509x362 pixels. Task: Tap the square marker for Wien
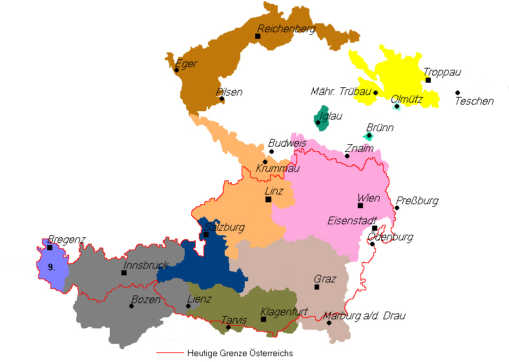point(360,206)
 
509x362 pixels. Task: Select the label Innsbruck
point(145,264)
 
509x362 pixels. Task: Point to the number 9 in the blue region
point(52,266)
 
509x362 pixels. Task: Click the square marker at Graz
point(317,287)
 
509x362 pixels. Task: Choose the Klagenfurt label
point(279,312)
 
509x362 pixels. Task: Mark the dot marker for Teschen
point(457,93)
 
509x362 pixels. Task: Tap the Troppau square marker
point(428,80)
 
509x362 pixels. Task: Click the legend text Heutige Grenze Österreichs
point(240,353)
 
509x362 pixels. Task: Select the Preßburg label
point(417,200)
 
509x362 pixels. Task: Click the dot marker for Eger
point(176,70)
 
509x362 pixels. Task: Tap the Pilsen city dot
point(222,99)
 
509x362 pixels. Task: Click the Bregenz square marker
point(50,247)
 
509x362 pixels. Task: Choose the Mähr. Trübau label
point(340,92)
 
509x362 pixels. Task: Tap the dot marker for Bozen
point(131,306)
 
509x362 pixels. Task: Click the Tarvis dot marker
point(229,327)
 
